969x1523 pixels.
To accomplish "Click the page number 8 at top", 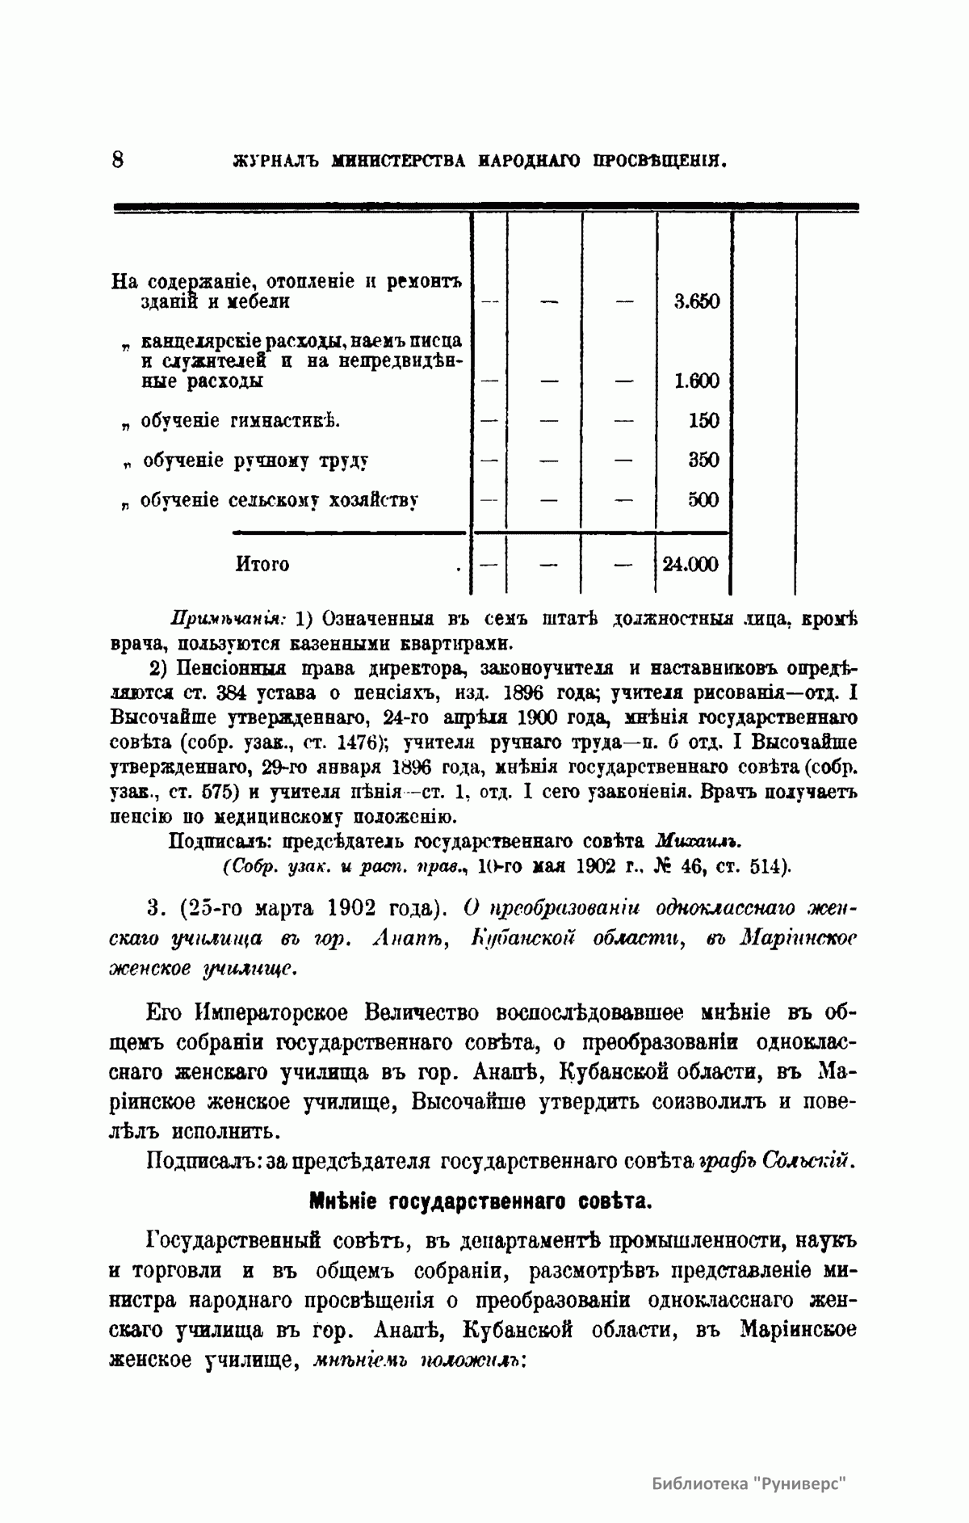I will [x=117, y=158].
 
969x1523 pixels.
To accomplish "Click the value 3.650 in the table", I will [x=696, y=301].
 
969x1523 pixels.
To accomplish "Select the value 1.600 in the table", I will [x=696, y=381].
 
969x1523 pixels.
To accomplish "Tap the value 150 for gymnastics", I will [x=703, y=420].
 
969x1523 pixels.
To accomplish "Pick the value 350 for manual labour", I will [x=703, y=460].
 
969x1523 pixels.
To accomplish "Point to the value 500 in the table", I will [x=703, y=499].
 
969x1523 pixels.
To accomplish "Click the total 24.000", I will [x=690, y=564].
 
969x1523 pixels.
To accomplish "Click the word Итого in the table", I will [x=262, y=564].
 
